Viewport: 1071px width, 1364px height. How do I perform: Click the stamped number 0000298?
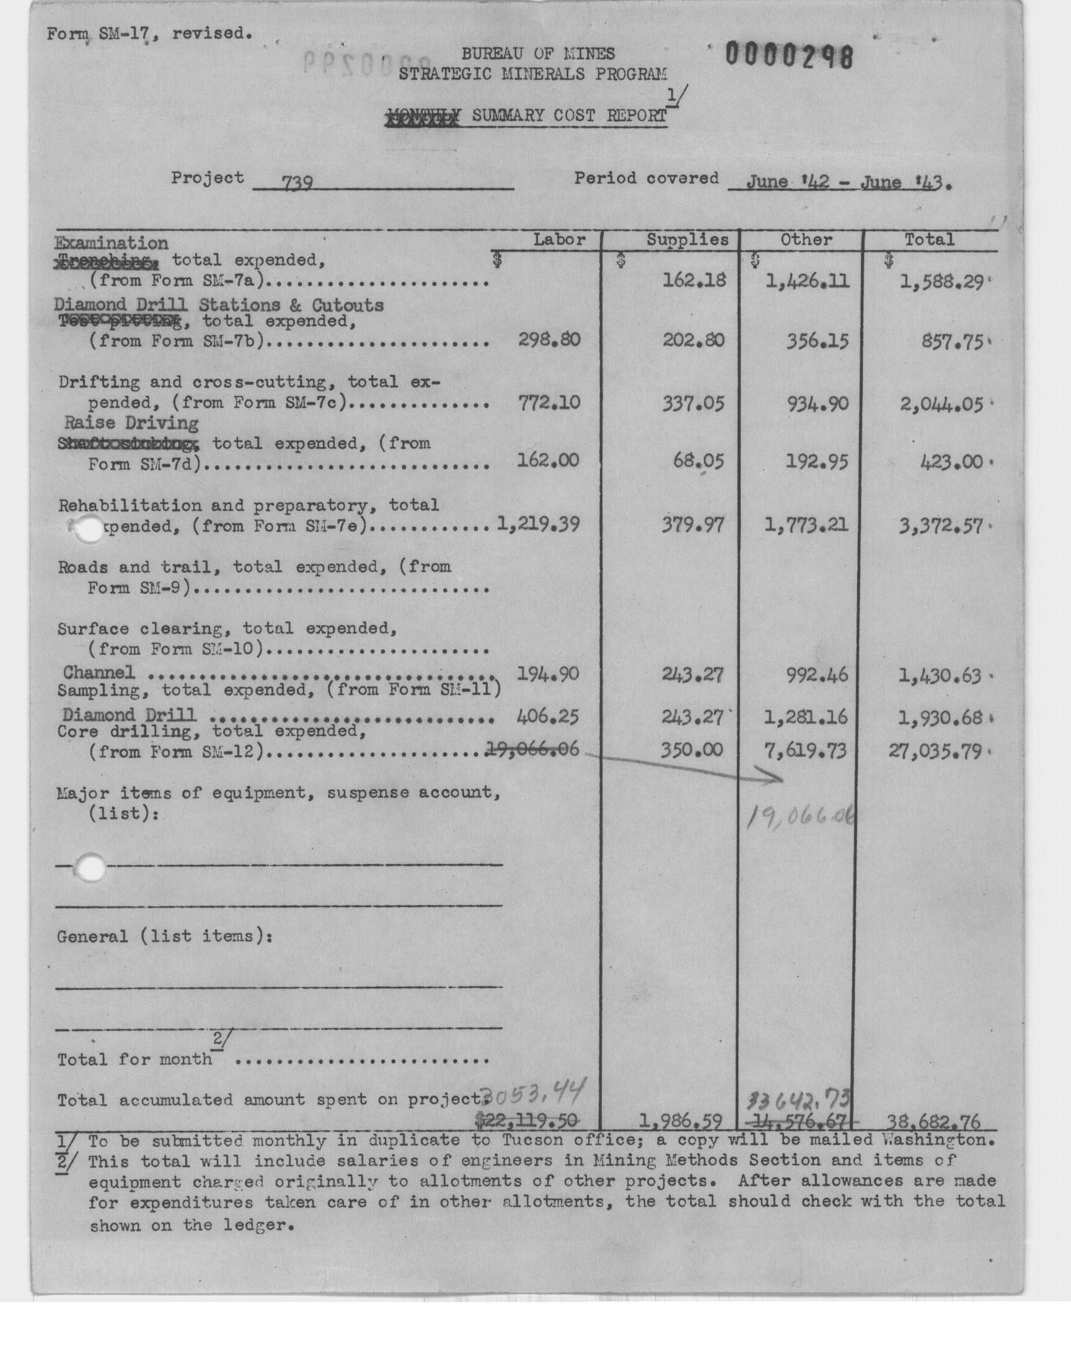coord(789,56)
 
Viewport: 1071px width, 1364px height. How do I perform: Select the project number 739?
coord(297,182)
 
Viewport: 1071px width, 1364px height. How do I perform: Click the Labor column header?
coord(558,239)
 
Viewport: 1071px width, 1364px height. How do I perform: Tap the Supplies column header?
coord(687,239)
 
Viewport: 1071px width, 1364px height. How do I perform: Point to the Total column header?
coord(928,239)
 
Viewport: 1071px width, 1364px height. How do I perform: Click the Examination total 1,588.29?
coord(941,281)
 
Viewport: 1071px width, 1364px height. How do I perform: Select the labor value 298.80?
coord(549,340)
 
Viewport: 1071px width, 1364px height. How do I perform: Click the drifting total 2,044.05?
coord(941,404)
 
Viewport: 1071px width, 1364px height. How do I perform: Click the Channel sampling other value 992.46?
coord(817,675)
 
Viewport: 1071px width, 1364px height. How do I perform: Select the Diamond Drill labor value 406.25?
coord(548,716)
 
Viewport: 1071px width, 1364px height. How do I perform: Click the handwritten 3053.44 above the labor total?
coord(534,1096)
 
